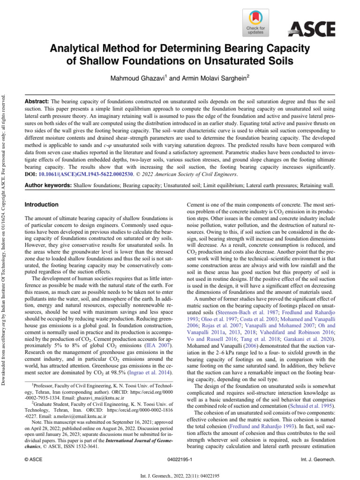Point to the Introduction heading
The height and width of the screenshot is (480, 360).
pos(41,205)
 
